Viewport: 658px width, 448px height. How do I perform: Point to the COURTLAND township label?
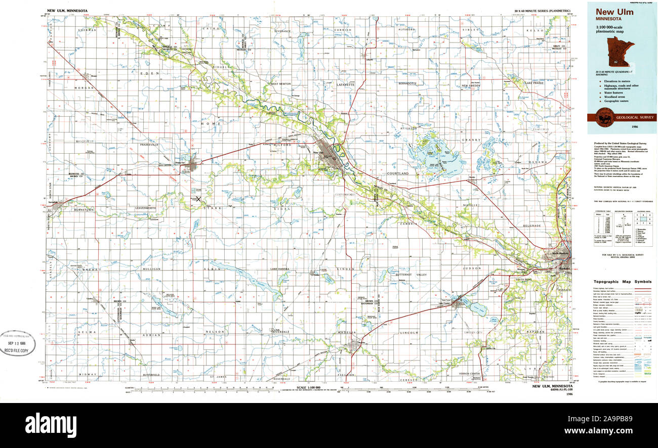point(397,173)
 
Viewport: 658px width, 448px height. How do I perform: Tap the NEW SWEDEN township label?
point(471,86)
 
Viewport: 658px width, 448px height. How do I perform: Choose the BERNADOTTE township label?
point(407,83)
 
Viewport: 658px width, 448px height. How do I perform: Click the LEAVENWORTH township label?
point(145,208)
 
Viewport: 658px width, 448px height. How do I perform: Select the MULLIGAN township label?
point(151,269)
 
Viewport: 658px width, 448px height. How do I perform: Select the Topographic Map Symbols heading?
point(622,282)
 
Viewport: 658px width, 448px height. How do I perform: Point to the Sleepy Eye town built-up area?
point(192,164)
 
